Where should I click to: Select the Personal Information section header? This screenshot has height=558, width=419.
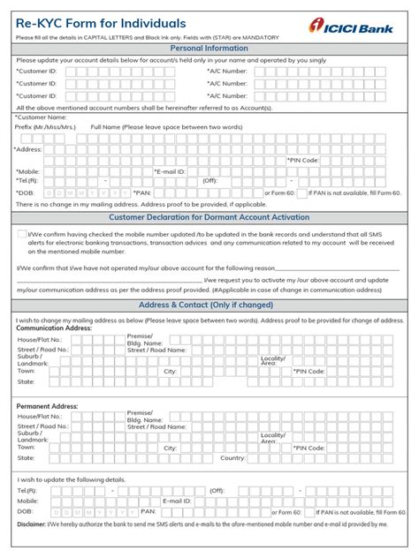(x=209, y=49)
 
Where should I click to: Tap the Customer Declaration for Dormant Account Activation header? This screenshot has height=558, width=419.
(x=209, y=217)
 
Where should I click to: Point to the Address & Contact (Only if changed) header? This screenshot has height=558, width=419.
(x=209, y=305)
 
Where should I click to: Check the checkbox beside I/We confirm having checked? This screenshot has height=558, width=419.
(x=21, y=233)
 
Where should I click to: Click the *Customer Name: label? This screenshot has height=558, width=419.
(x=41, y=117)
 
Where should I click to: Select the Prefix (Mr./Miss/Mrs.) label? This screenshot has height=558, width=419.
(x=46, y=126)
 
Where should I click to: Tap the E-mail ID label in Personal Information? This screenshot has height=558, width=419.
(x=170, y=171)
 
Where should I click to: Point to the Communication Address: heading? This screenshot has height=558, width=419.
(x=54, y=328)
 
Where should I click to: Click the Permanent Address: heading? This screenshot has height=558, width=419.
(x=48, y=406)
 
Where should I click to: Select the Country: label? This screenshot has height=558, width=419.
(x=232, y=458)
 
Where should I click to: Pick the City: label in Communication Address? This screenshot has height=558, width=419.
(x=171, y=372)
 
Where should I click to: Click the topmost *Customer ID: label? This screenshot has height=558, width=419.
(x=37, y=71)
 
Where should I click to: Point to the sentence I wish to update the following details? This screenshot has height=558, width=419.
(x=74, y=479)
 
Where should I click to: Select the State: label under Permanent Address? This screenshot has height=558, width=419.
(x=27, y=458)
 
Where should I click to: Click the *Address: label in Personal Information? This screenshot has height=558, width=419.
(x=28, y=149)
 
